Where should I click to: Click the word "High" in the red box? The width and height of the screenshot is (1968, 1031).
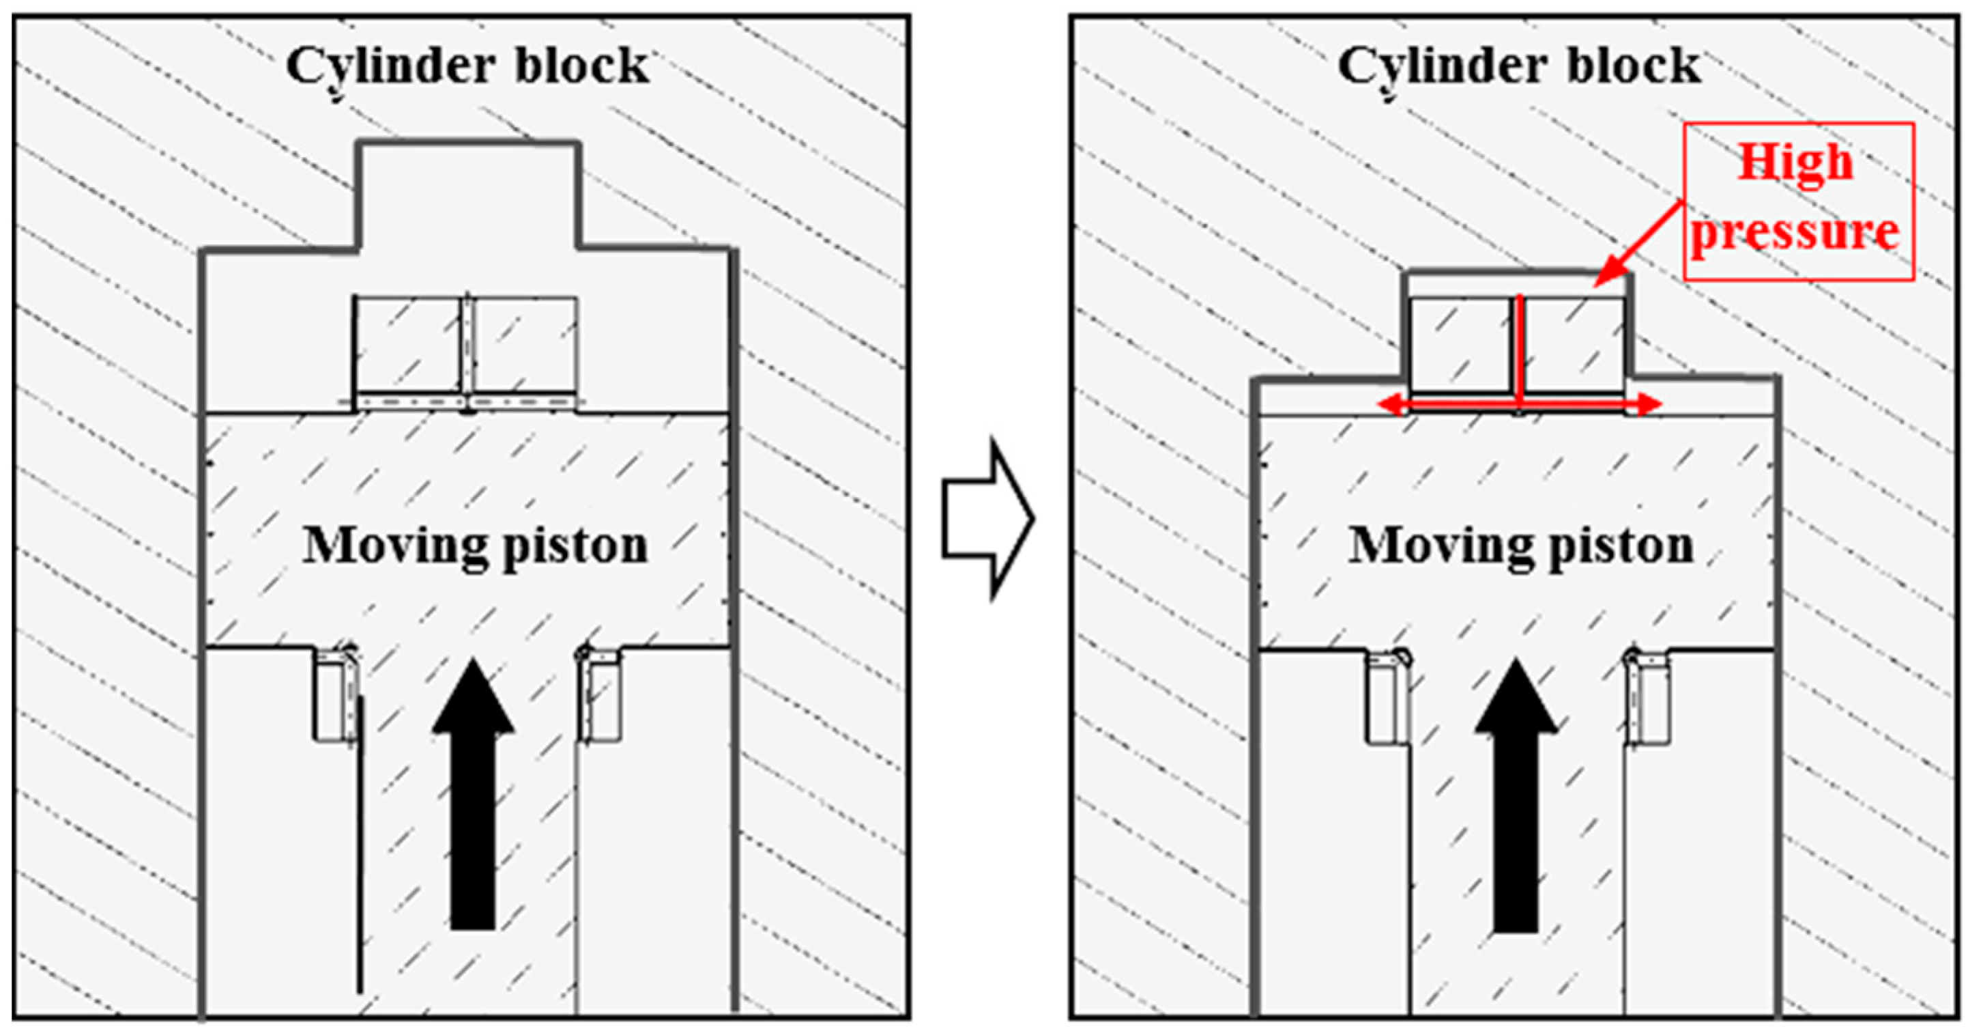[x=1795, y=162]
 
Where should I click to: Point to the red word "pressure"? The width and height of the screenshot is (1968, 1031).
[x=1795, y=231]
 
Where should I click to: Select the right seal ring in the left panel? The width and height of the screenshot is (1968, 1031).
[x=600, y=696]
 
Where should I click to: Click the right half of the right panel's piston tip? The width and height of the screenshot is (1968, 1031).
[x=1574, y=344]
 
